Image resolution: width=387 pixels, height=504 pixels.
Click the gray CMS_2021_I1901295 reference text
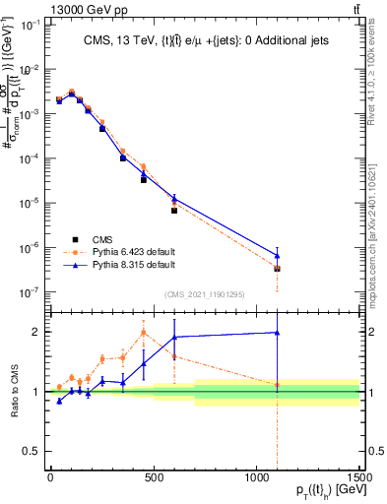tap(204, 294)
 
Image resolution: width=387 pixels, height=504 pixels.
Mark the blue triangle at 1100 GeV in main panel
tap(277, 256)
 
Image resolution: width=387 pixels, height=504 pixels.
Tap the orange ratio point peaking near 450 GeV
tap(144, 332)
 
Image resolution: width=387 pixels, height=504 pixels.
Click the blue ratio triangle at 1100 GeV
tap(277, 333)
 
